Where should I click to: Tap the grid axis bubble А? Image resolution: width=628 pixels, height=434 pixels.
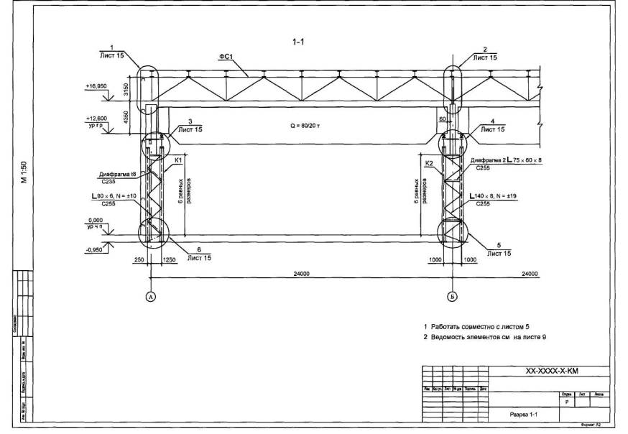coord(150,296)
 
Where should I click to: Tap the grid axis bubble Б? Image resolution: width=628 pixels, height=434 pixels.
coord(451,296)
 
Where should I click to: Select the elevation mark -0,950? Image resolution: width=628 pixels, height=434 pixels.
coord(96,250)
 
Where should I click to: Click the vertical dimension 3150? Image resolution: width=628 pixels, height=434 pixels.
coord(126,89)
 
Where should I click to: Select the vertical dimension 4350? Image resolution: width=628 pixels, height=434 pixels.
coord(126,118)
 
